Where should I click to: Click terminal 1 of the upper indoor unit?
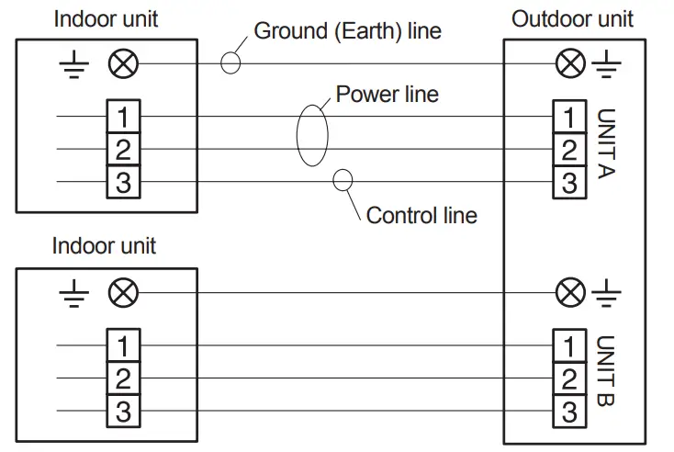(x=123, y=116)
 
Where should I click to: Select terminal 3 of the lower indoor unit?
(x=123, y=411)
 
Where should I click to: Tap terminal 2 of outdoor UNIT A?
(x=569, y=149)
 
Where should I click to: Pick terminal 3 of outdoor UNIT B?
(x=569, y=412)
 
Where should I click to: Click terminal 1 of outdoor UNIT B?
(x=569, y=345)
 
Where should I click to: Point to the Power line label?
(x=387, y=94)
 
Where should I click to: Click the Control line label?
(x=421, y=215)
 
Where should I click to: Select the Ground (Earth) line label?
(x=347, y=31)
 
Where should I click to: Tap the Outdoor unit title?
(x=572, y=19)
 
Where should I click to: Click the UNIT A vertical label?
(x=607, y=143)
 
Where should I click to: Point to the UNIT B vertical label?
(x=607, y=370)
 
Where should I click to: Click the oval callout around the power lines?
(x=297, y=135)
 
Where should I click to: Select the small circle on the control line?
(x=333, y=180)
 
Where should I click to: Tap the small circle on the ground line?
(x=221, y=63)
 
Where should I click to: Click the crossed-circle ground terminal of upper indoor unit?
(x=123, y=63)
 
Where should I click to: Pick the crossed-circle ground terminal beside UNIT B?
(x=570, y=292)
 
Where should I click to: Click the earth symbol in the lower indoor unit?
(x=74, y=293)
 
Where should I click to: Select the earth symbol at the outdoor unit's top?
(x=607, y=63)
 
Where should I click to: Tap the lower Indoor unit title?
(x=104, y=246)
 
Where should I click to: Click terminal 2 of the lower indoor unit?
(x=123, y=378)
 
